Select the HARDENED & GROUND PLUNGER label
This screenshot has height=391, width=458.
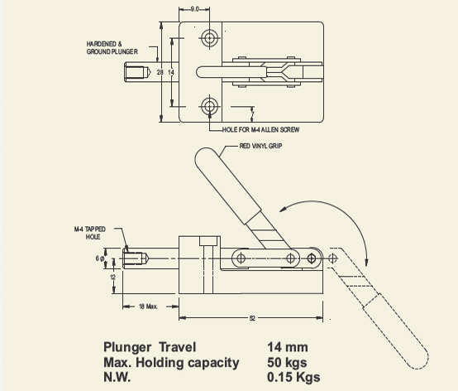coord(112,47)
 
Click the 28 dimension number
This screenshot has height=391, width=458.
coord(160,73)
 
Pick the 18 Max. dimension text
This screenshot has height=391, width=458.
coord(149,306)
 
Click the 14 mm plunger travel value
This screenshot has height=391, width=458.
coord(288,347)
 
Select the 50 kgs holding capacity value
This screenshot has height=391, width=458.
coord(288,362)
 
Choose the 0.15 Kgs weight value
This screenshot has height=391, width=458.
coord(294,377)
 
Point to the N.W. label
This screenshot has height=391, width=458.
coord(118,377)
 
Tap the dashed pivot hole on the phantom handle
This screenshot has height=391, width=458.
coord(333,258)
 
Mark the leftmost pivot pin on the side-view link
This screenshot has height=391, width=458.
coord(240,258)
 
